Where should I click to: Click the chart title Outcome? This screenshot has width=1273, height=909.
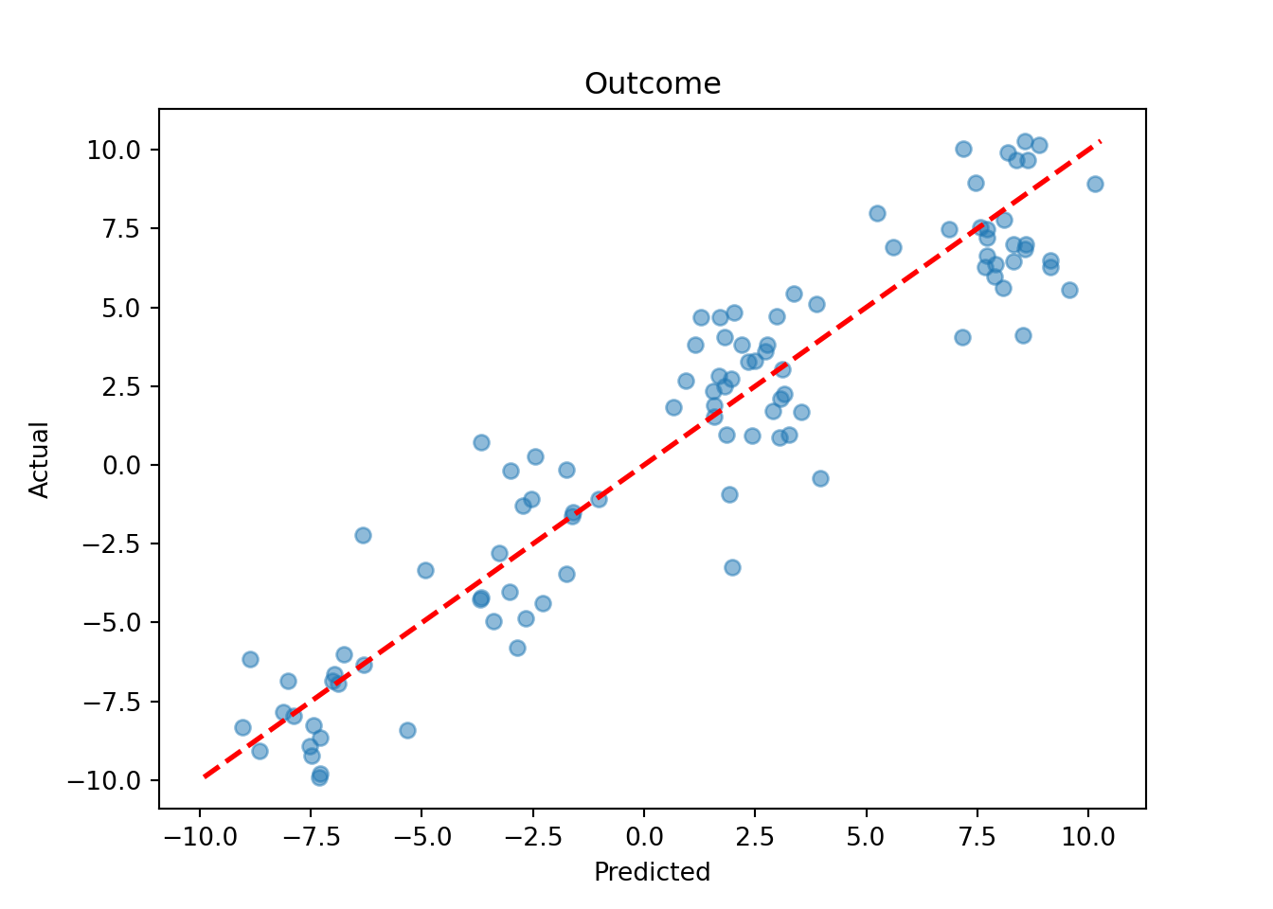click(x=653, y=84)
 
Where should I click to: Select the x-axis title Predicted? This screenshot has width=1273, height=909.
click(x=652, y=872)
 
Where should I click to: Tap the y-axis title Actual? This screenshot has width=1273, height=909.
click(x=39, y=460)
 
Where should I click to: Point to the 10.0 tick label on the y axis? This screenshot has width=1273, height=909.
click(x=114, y=151)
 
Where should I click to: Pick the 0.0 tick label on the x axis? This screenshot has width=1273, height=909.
click(x=644, y=838)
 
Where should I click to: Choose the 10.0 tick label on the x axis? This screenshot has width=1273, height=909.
click(x=1088, y=838)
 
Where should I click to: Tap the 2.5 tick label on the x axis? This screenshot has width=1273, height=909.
click(x=755, y=838)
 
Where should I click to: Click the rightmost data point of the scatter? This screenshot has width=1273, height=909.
click(x=1095, y=184)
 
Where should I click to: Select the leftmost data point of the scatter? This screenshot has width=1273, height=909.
click(x=242, y=727)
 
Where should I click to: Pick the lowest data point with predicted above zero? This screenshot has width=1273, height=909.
click(x=732, y=567)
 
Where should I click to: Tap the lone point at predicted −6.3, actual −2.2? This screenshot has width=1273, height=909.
click(x=363, y=535)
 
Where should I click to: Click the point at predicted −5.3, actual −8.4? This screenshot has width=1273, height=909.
click(x=407, y=730)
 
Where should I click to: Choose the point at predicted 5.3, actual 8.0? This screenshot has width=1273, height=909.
click(x=877, y=213)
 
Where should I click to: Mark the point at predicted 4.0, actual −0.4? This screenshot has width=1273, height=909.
click(x=820, y=478)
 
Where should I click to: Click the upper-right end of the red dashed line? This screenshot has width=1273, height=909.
click(x=1100, y=141)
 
